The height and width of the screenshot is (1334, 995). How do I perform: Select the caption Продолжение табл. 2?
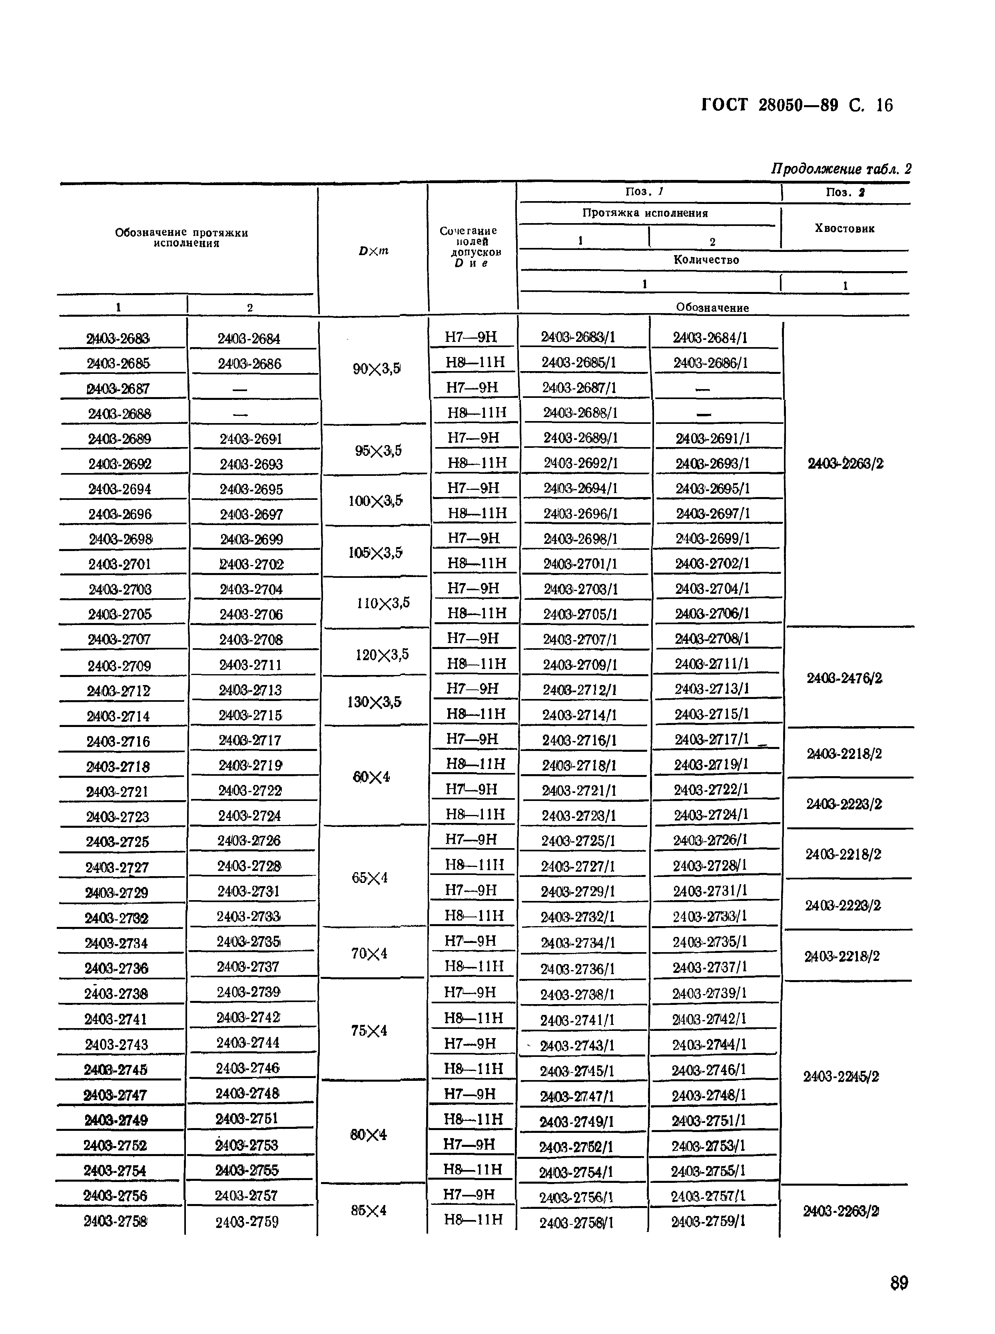pos(841,169)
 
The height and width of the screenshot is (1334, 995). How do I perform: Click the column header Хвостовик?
pos(844,228)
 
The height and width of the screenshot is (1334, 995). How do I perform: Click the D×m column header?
pos(373,251)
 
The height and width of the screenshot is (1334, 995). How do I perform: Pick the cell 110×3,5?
pos(383,603)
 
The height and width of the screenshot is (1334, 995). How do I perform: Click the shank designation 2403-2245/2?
pos(841,1076)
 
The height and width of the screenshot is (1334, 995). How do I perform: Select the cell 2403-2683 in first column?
pos(118,339)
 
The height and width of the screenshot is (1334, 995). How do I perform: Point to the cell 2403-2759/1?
pos(708,1221)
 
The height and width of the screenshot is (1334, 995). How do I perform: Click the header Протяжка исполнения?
pos(645,213)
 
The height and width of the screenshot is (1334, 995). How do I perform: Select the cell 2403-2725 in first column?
pos(117,842)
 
